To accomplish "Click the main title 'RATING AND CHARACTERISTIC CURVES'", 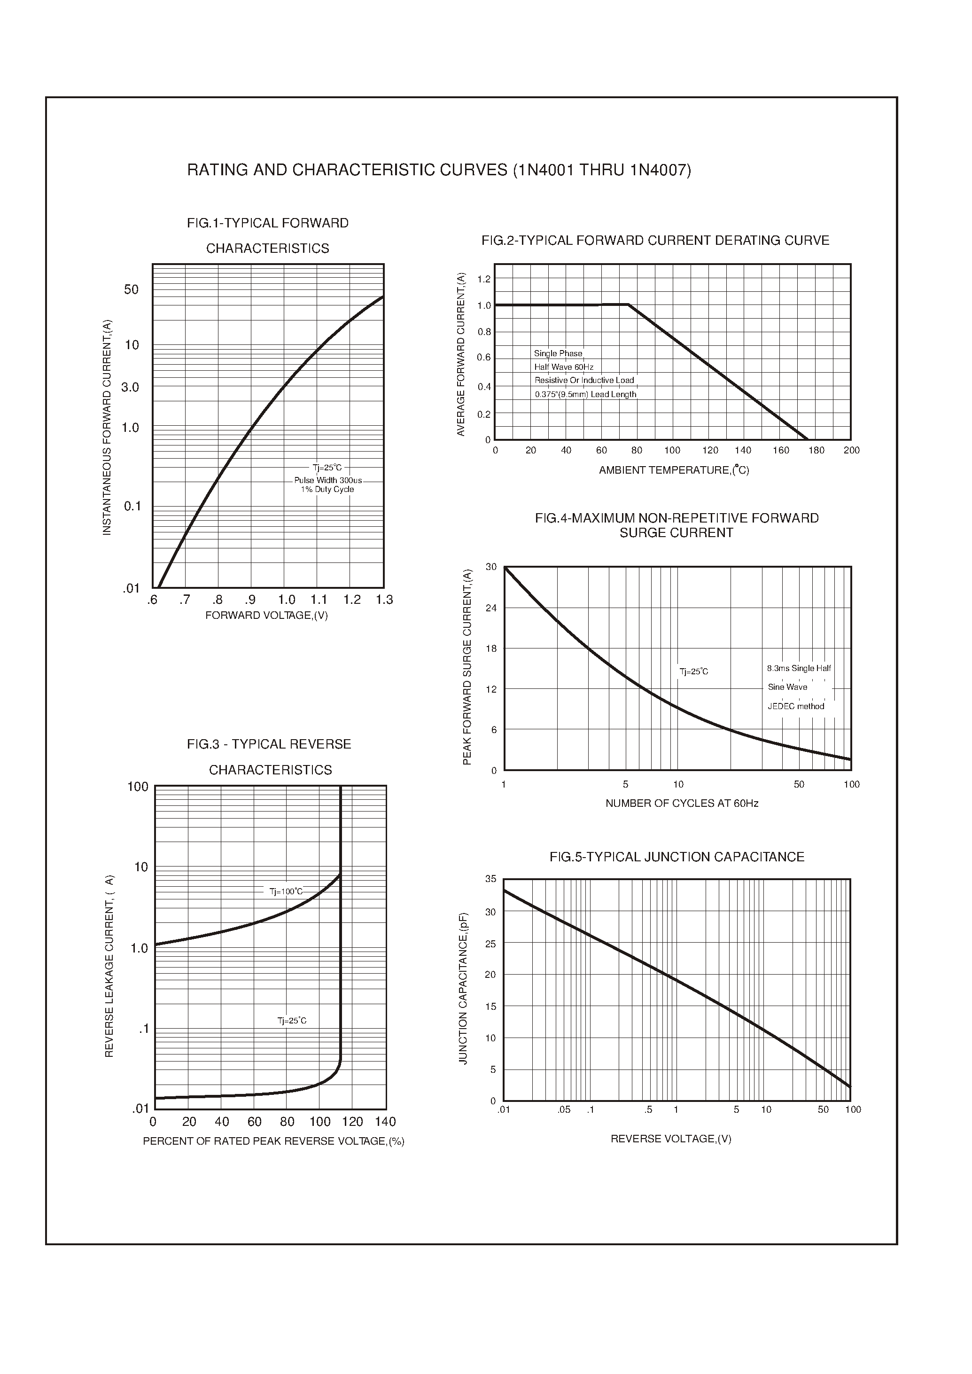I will coord(439,171).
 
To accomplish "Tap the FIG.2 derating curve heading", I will coord(655,241).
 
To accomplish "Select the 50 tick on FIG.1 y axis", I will coord(131,290).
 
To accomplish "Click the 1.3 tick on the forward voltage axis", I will coord(384,600).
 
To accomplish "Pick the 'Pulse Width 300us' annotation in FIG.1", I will coord(327,481).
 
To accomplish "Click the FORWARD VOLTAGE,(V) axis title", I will coord(266,616).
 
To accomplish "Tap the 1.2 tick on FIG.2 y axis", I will coord(483,279).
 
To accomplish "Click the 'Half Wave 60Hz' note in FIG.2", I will coord(563,367).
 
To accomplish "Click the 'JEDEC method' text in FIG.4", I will coord(795,706).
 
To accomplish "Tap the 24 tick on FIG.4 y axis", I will coord(491,608).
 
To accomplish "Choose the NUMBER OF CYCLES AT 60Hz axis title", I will coord(681,804).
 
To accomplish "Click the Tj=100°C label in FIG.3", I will coord(286,891).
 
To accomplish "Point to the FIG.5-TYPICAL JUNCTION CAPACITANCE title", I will coord(677,857).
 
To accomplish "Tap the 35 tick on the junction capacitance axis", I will coord(491,879).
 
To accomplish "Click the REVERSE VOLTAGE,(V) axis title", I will coord(670,1139).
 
